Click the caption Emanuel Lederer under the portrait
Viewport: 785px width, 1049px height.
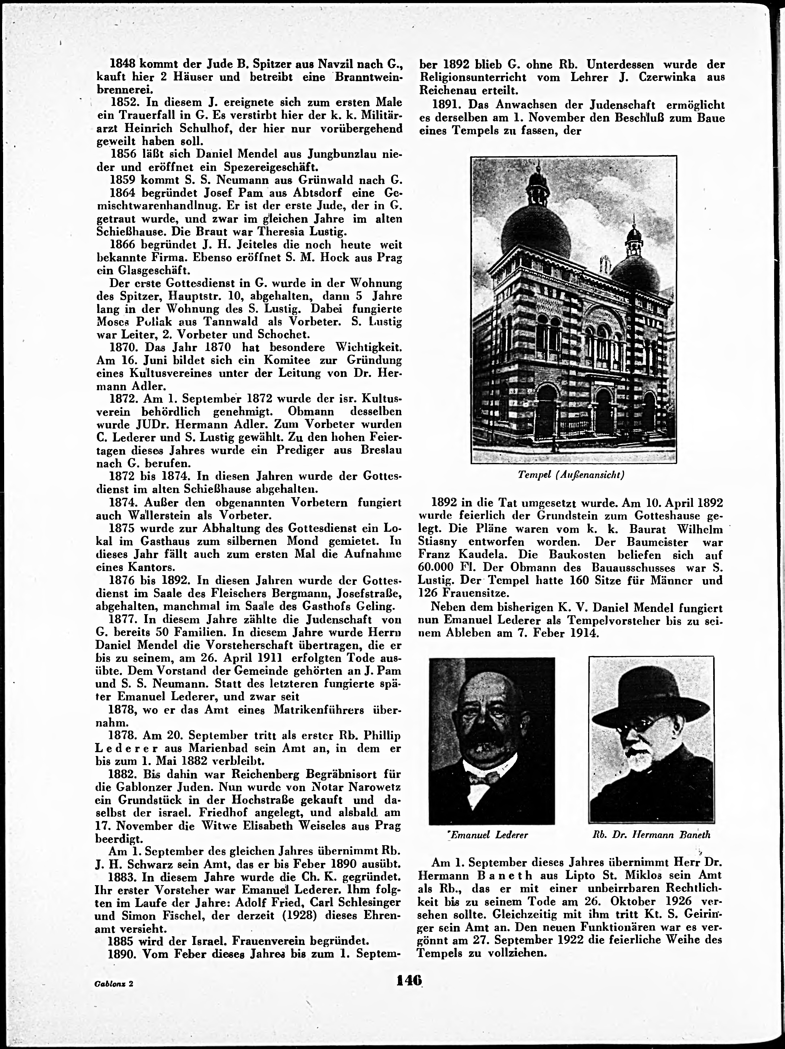(490, 835)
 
